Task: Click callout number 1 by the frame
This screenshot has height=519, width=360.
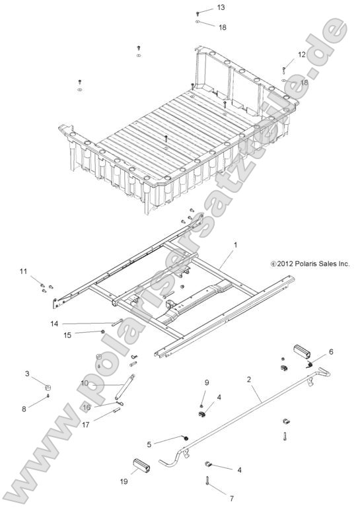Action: tap(235, 244)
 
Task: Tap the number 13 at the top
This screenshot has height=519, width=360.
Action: tap(221, 7)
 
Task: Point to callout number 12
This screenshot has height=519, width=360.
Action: tap(301, 55)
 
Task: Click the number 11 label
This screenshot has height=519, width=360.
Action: tap(23, 271)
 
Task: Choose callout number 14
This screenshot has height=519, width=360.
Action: tap(55, 323)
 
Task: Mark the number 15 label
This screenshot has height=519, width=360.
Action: tap(67, 335)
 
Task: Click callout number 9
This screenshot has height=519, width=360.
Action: tap(206, 382)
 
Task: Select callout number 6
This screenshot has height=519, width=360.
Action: tap(331, 351)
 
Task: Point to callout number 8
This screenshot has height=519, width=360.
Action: tap(24, 409)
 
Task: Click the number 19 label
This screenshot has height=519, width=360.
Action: tap(123, 483)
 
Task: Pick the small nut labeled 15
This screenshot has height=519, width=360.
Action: tap(104, 332)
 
